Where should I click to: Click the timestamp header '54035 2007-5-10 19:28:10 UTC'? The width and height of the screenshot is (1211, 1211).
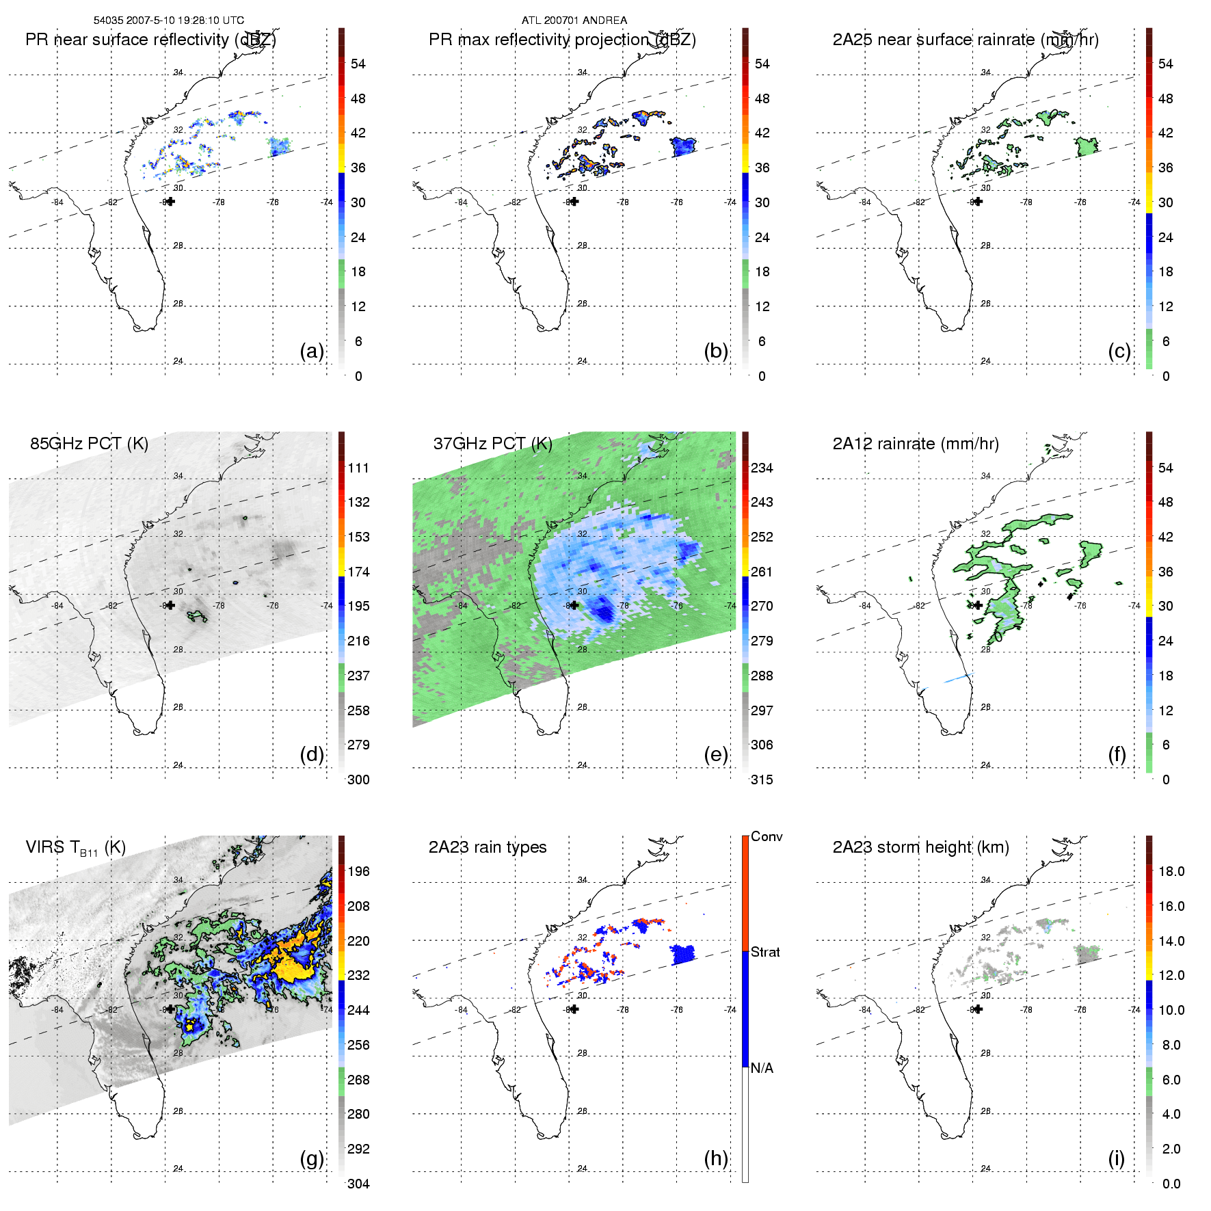pos(168,21)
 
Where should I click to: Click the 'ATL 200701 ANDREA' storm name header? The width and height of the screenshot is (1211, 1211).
pos(574,21)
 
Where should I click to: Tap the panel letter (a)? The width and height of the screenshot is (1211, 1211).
pos(312,351)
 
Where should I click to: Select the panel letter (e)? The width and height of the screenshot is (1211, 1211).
pos(716,754)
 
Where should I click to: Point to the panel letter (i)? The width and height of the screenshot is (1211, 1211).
pos(1116,1158)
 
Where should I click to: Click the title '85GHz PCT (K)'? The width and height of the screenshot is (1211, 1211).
pos(89,444)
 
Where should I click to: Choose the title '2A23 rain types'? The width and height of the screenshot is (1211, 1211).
pos(488,847)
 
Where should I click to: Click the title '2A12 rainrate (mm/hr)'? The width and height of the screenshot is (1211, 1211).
pos(916,444)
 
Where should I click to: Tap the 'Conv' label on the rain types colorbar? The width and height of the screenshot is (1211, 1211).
pos(767,836)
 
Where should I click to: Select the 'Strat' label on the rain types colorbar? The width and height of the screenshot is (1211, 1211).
pos(765,952)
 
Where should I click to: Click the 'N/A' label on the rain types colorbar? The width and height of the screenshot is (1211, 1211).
pos(762,1068)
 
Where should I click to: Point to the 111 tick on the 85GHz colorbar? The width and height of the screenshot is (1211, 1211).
pos(358,468)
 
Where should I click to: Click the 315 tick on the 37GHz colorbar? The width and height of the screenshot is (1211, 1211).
pos(762,780)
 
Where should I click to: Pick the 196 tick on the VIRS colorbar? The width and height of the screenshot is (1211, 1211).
pos(358,871)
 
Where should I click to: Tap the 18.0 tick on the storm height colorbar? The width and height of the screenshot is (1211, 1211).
pos(1171,871)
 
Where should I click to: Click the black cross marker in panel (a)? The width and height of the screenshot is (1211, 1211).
pos(170,201)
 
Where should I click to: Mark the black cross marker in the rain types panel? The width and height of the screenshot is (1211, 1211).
pos(574,1009)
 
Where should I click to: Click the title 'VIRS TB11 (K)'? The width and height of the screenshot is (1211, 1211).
pos(75,848)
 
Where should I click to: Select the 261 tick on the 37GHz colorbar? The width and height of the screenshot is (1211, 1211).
pos(762,572)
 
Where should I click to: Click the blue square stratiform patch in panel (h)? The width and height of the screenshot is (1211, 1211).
pos(682,954)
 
